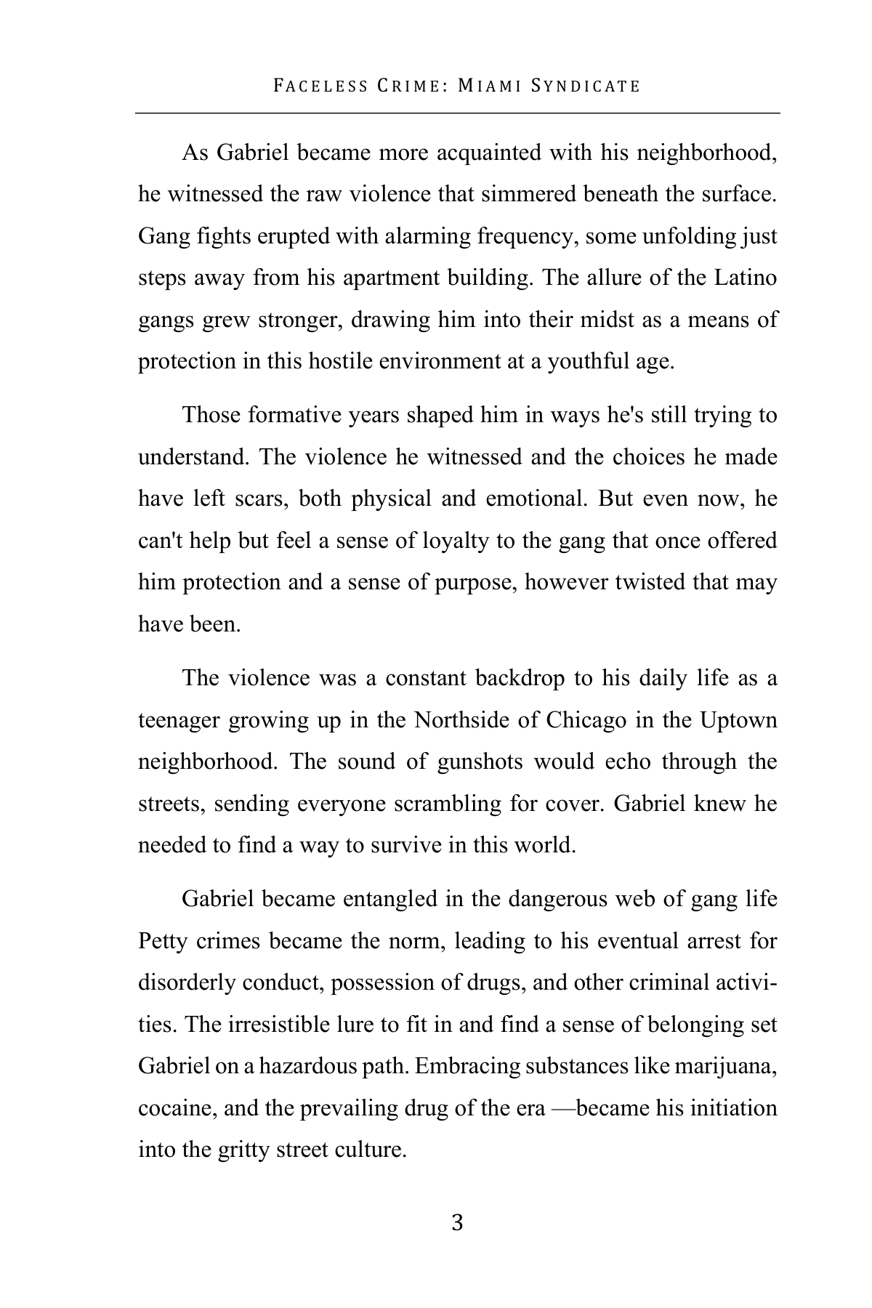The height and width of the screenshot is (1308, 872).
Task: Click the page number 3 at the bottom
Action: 457,1223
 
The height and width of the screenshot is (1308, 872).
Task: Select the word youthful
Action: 590,361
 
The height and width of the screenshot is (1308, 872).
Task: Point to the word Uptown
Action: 738,720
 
